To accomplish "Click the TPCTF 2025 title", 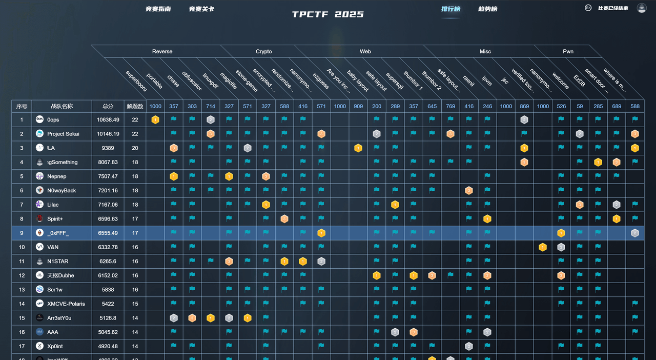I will [x=328, y=14].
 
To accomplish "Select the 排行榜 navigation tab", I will [x=450, y=9].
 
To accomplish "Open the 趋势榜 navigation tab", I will [x=487, y=9].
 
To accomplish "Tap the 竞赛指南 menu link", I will [x=158, y=9].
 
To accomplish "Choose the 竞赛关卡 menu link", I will [x=201, y=9].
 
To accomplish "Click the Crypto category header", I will [x=264, y=51].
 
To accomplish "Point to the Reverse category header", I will [x=162, y=51].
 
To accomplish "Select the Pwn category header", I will [x=568, y=51].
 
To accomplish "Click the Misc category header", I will [x=485, y=51].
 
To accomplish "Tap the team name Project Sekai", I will [x=63, y=134].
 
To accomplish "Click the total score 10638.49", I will [x=108, y=120].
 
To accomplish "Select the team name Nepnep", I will [x=57, y=176].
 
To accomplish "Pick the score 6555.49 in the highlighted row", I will [x=108, y=233].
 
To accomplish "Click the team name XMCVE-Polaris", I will [x=66, y=304].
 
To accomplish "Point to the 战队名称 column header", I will [x=61, y=106].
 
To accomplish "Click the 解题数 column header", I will [x=135, y=106].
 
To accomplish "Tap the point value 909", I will [x=358, y=106].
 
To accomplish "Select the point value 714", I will [x=211, y=106].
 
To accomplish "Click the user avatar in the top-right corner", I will [x=641, y=8].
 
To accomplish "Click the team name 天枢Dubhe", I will [x=60, y=275].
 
